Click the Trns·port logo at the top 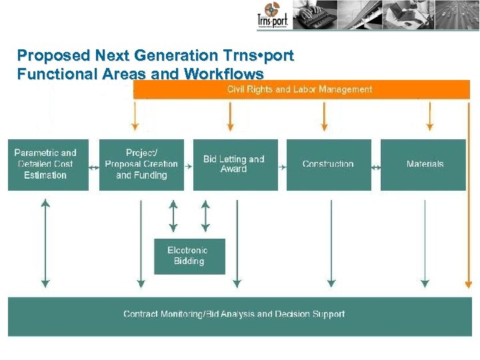272,16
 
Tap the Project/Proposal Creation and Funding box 141,164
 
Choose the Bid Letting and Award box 235,164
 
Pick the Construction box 328,164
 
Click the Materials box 424,164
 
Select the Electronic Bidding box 189,256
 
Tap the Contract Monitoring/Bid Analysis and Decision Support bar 235,315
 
